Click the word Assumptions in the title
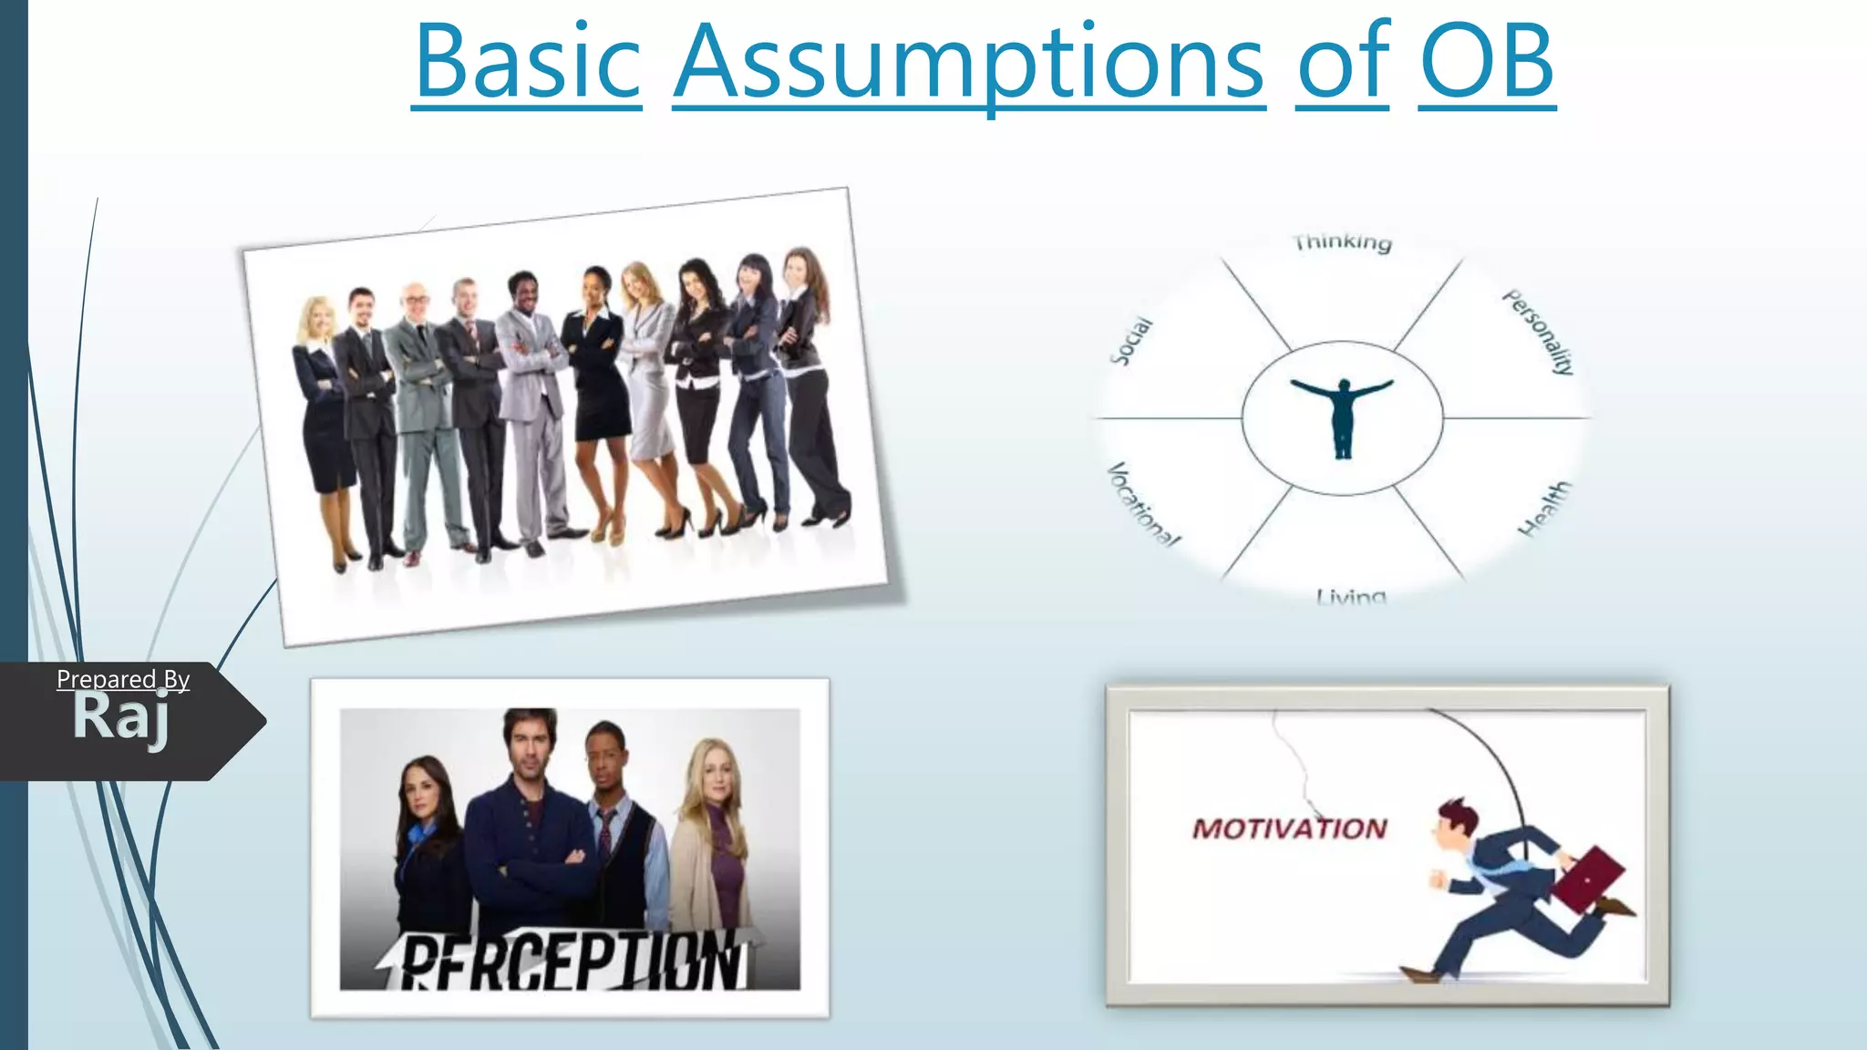pyautogui.click(x=968, y=64)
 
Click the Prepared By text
pyautogui.click(x=123, y=679)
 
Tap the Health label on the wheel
pyautogui.click(x=1544, y=509)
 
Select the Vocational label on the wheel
pyautogui.click(x=1142, y=504)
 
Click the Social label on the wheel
pyautogui.click(x=1131, y=341)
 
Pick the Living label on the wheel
pyautogui.click(x=1350, y=597)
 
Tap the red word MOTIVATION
pyautogui.click(x=1289, y=829)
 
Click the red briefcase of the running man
pyautogui.click(x=1587, y=879)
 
